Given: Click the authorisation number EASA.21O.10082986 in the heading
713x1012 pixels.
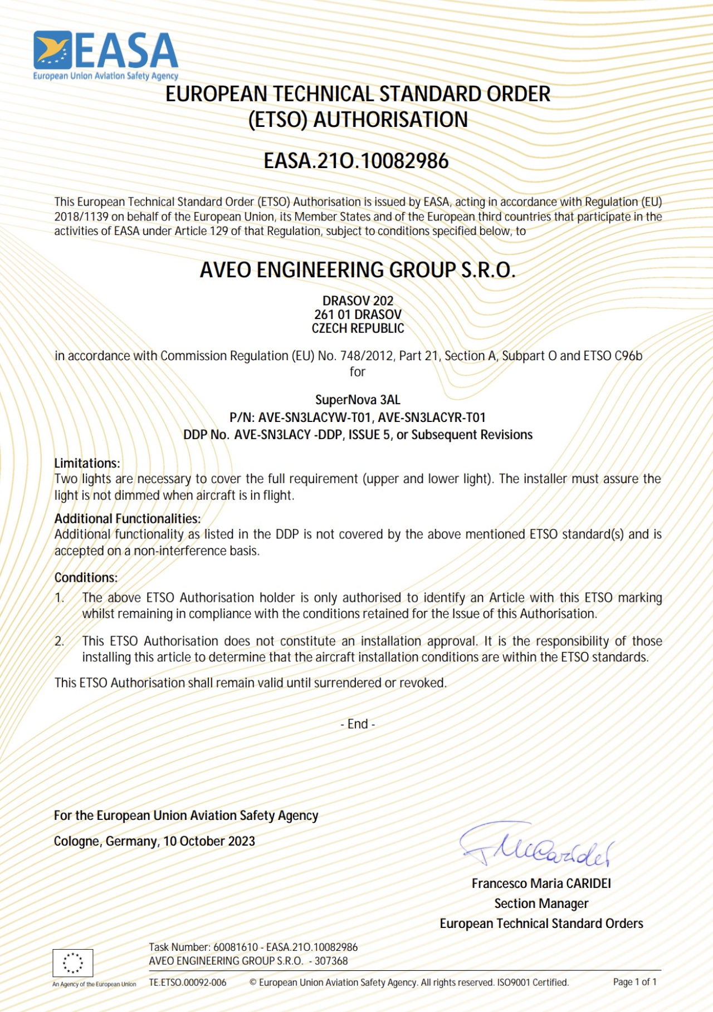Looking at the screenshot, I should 356,161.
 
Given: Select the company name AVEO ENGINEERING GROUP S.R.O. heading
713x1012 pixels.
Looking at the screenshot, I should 358,270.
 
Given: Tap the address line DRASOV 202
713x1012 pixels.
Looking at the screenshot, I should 358,301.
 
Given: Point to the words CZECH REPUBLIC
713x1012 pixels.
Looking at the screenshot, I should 358,328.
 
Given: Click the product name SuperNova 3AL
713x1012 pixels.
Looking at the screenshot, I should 358,400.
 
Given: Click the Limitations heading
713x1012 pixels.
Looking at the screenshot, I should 87,463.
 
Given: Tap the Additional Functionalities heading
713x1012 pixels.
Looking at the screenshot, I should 127,518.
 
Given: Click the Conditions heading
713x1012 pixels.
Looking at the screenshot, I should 86,578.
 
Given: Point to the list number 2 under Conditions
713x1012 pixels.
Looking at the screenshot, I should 59,641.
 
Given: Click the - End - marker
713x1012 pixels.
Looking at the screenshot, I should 358,724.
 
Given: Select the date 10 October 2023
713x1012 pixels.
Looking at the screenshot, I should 209,841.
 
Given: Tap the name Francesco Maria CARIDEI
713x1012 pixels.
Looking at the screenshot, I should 541,883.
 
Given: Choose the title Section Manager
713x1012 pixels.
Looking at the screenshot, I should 541,903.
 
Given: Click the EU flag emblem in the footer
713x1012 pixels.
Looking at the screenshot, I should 73,962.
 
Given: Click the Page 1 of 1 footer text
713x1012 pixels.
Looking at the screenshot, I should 634,982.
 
